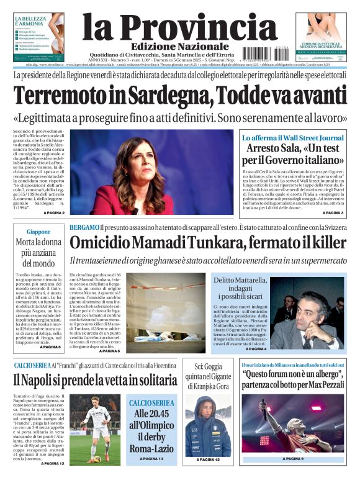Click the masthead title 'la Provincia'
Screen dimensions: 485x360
[179, 27]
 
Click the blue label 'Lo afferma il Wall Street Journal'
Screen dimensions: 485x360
[292, 137]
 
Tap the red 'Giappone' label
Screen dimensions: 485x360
[38, 232]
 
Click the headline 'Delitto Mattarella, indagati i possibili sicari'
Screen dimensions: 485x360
[239, 290]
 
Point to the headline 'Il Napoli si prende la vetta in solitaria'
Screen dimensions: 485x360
[95, 380]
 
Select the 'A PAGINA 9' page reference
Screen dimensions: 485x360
[292, 459]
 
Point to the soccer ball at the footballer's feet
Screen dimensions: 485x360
[97, 459]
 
